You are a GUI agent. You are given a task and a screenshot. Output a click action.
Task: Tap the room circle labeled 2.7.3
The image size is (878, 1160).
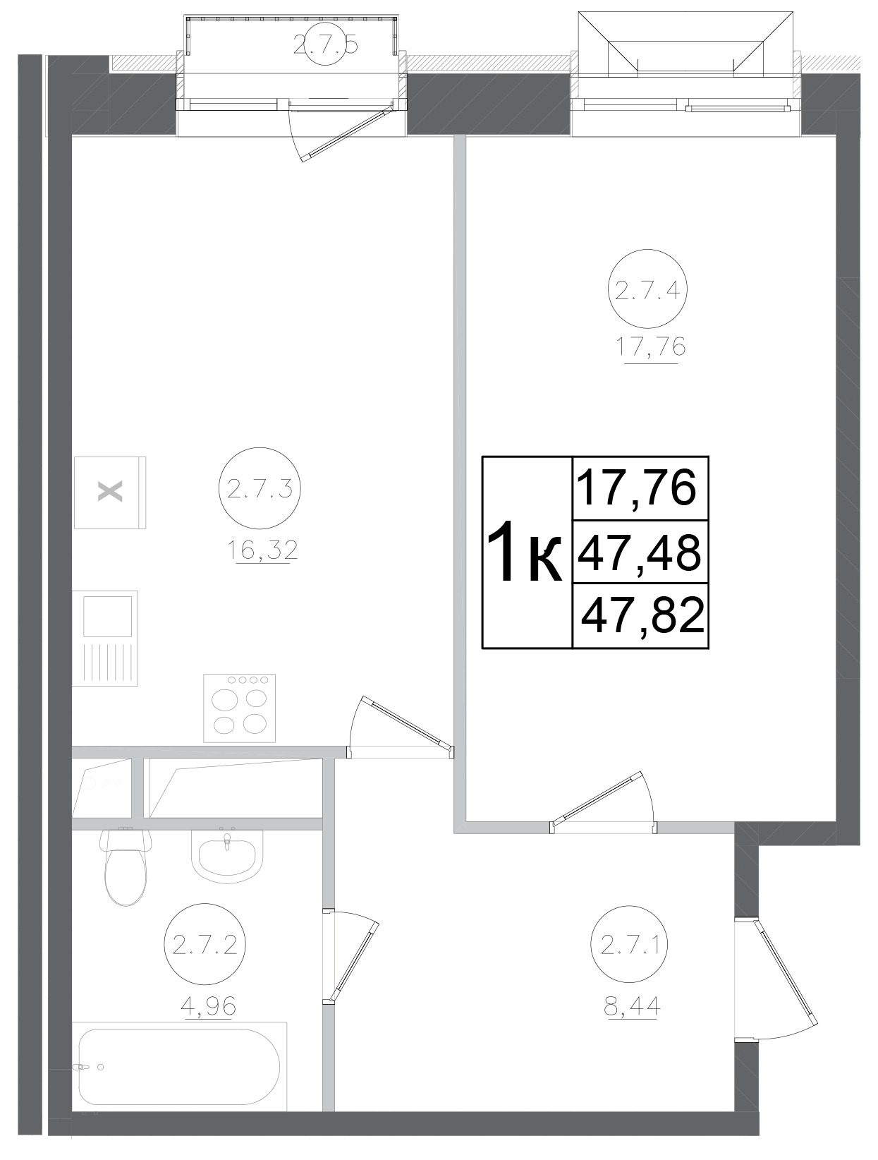tap(260, 488)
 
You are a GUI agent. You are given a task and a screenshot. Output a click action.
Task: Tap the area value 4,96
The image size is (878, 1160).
tap(208, 1005)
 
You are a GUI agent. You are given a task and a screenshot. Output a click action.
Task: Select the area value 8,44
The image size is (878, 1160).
tap(632, 1005)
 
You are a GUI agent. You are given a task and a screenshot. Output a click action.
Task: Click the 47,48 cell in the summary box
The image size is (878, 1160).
tap(639, 552)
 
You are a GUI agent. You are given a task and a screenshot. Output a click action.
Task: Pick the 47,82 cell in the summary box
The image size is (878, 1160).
tap(642, 615)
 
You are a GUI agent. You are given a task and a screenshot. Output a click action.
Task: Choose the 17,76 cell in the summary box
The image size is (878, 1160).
tap(637, 488)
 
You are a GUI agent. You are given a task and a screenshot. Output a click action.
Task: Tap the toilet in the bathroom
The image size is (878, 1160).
tap(126, 868)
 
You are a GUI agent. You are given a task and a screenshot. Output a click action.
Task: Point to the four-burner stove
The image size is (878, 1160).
tap(240, 708)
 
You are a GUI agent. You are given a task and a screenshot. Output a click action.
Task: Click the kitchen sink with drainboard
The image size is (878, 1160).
tap(107, 637)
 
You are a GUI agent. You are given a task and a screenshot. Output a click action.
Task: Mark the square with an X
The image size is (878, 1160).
tap(110, 492)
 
